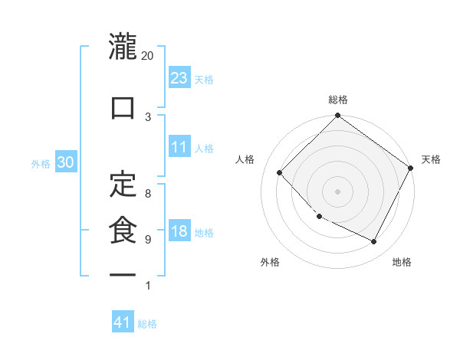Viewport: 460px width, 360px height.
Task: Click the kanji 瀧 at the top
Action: point(123,47)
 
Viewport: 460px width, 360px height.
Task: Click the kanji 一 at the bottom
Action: point(123,274)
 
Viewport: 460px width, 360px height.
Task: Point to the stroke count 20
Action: point(148,56)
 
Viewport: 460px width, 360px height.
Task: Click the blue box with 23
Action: point(179,77)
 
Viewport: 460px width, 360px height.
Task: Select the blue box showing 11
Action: point(179,147)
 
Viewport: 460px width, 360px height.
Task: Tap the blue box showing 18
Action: point(179,231)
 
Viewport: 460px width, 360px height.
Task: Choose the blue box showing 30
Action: point(65,162)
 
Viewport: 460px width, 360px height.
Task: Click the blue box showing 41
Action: point(123,322)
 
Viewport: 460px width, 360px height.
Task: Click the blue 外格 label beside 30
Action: point(41,163)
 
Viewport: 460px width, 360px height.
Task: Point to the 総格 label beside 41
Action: point(147,324)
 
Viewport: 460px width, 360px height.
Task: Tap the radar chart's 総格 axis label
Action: point(338,100)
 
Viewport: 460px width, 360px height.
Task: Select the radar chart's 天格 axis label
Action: point(431,159)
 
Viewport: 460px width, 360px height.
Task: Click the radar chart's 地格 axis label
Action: point(402,262)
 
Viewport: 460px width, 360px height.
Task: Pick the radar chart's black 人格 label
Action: point(245,159)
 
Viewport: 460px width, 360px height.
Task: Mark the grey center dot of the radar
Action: point(337,191)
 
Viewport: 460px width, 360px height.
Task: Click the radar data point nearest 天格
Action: point(411,169)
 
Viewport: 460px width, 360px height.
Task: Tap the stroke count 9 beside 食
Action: point(148,240)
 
